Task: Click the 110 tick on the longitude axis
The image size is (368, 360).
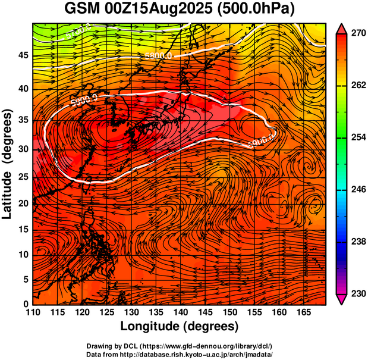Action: click(33, 312)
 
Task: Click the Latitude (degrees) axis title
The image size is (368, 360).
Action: click(8, 164)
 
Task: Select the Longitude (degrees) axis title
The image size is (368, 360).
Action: click(180, 326)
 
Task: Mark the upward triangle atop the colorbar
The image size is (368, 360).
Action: click(342, 28)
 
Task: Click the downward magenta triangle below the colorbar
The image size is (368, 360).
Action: click(342, 299)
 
